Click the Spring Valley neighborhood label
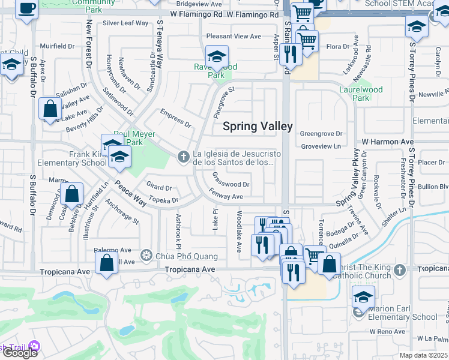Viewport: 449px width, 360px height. pos(258,126)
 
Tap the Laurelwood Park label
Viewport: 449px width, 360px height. pos(361,94)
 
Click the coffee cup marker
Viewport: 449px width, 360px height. pos(26,10)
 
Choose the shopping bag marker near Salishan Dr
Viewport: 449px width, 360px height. pos(50,109)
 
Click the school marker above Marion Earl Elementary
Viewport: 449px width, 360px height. pos(363,297)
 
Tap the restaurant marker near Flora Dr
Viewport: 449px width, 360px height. pos(291,55)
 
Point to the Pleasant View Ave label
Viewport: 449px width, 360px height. pos(234,37)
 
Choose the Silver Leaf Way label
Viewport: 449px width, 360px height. pos(125,23)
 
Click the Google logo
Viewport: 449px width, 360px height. pos(19,352)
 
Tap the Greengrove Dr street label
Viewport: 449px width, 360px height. pos(321,134)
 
